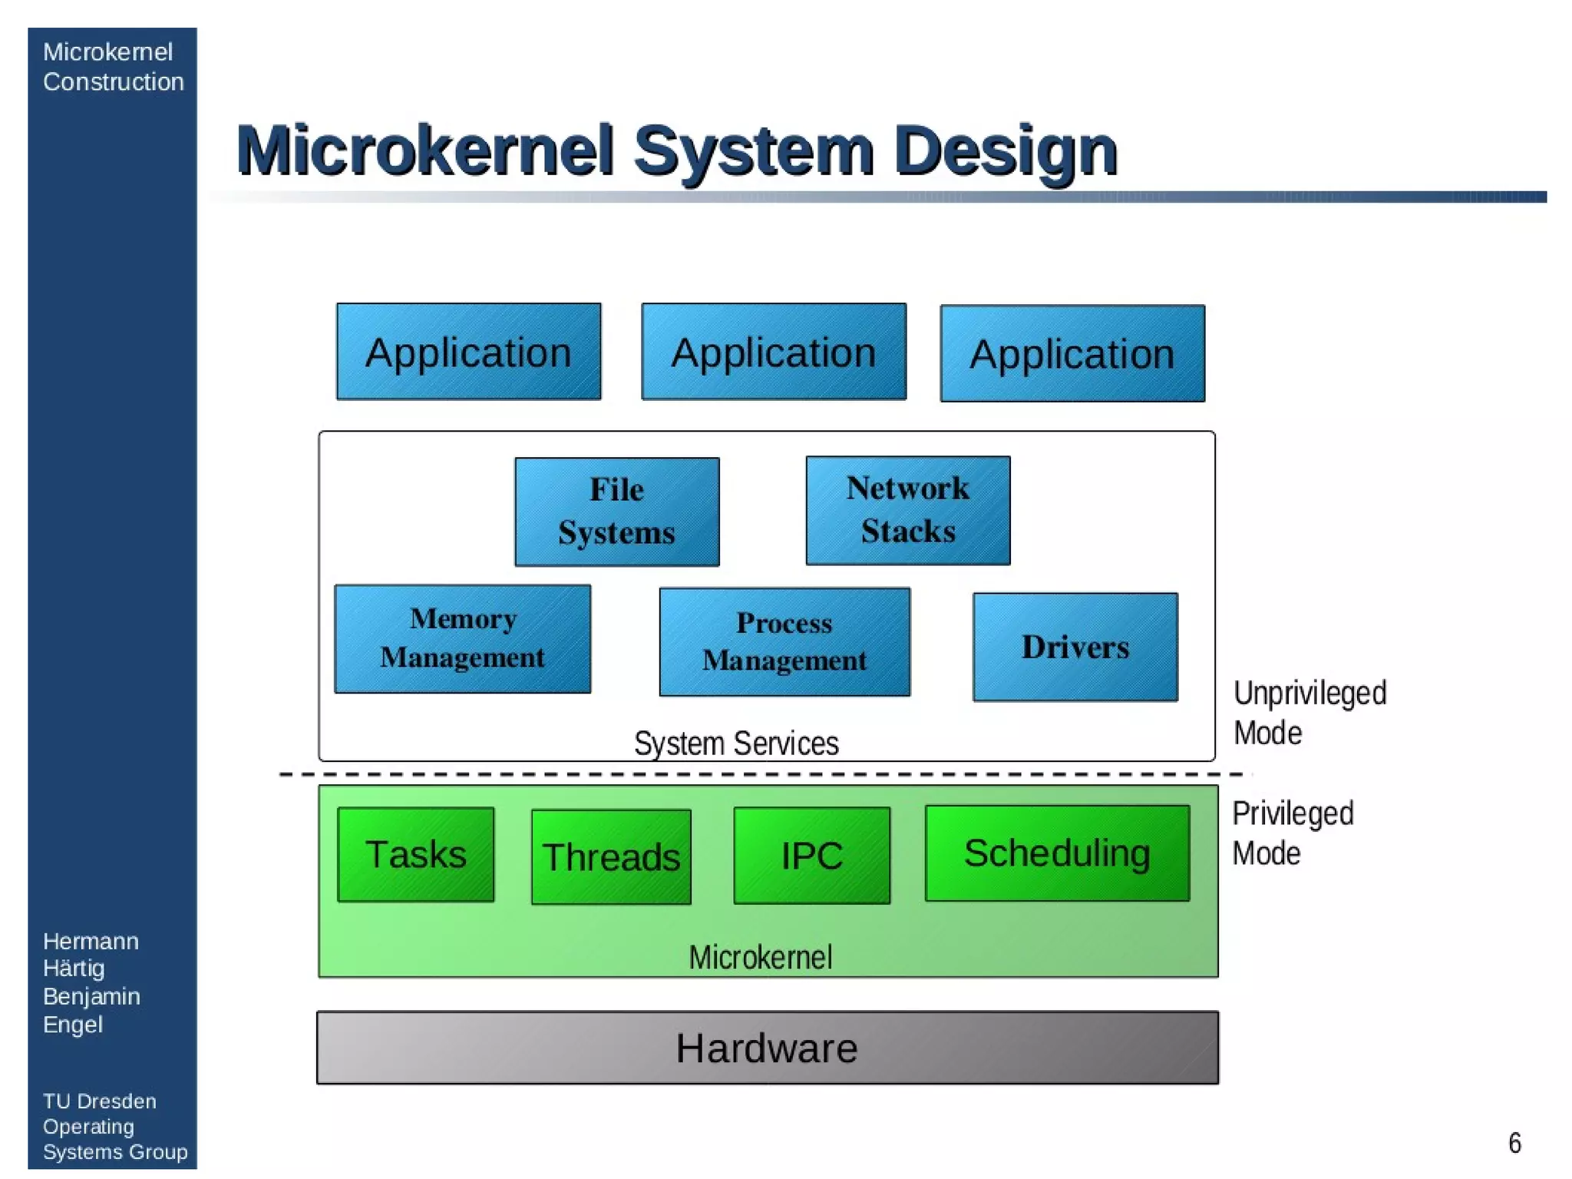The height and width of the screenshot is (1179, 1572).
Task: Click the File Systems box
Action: click(x=616, y=512)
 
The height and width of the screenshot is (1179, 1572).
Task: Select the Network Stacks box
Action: click(x=907, y=510)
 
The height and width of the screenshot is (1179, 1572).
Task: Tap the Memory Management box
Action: click(x=462, y=638)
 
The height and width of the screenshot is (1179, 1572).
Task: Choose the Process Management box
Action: click(x=784, y=641)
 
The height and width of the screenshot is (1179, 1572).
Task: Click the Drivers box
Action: click(x=1075, y=647)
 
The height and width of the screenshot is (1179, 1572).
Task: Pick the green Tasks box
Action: click(x=415, y=854)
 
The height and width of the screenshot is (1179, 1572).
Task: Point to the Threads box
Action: click(x=611, y=856)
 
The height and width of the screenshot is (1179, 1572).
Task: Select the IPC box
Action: click(x=811, y=855)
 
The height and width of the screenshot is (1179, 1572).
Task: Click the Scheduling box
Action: click(x=1057, y=853)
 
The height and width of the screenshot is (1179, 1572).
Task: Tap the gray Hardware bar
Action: click(x=767, y=1048)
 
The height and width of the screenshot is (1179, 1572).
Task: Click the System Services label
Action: click(x=736, y=743)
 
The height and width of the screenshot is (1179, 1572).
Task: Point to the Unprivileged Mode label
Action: click(x=1309, y=713)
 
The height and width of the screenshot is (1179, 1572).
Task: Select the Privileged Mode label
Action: click(x=1293, y=833)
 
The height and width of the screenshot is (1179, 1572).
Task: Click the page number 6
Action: click(x=1514, y=1143)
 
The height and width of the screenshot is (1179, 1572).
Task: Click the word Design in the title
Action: click(x=1006, y=152)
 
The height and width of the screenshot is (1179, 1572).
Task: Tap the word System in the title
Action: click(x=754, y=152)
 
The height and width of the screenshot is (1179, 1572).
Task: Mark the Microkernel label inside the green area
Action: click(x=760, y=957)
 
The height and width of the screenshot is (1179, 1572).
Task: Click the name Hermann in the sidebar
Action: click(x=91, y=941)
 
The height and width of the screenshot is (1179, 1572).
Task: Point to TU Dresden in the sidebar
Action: click(x=99, y=1101)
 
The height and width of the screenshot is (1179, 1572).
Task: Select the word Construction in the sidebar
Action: click(x=113, y=81)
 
